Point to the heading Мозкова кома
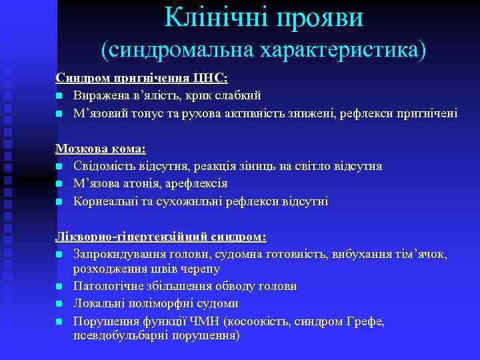coord(101,149)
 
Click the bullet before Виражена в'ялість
coord(59,96)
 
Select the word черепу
coord(199,269)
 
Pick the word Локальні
coord(98,303)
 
